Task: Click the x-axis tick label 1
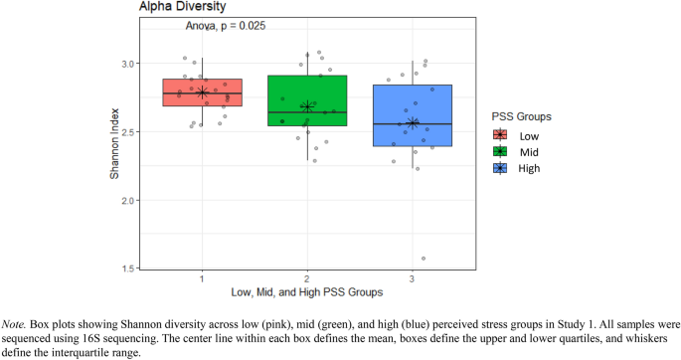tap(202, 278)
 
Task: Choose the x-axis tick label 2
tap(307, 278)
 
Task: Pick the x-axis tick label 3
tap(413, 278)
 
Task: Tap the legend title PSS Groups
tap(523, 116)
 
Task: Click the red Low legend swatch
tap(500, 134)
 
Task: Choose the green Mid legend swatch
tap(500, 151)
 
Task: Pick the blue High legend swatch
tap(500, 168)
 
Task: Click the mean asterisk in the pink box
tap(202, 92)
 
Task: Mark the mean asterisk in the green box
tap(307, 106)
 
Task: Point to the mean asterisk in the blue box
tap(413, 123)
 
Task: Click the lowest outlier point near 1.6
tap(424, 259)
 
